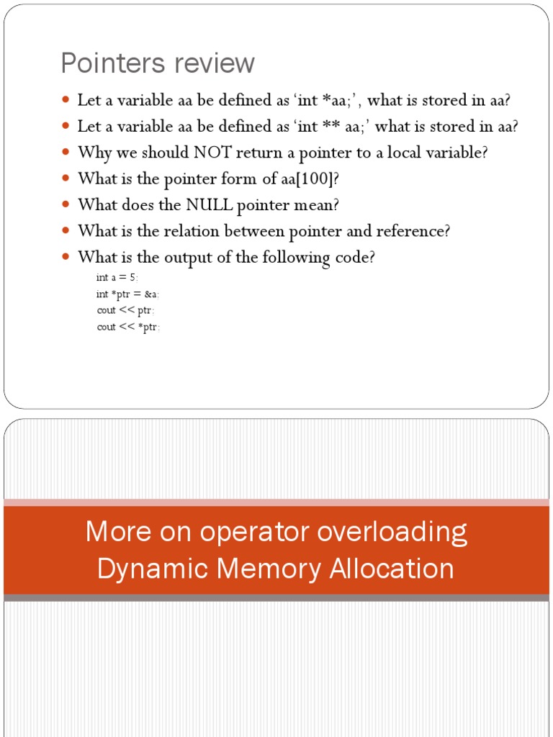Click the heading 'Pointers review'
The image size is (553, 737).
[x=158, y=63]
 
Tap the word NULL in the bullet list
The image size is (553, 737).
[x=210, y=204]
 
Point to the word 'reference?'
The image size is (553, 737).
[x=414, y=231]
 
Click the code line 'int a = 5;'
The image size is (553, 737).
[x=117, y=277]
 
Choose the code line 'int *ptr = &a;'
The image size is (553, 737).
[x=129, y=294]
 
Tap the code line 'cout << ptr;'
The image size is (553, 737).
[x=126, y=310]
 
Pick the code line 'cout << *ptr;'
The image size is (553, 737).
[x=129, y=327]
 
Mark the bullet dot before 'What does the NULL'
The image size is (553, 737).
[x=67, y=204]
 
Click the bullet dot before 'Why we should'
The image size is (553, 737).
[x=67, y=153]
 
